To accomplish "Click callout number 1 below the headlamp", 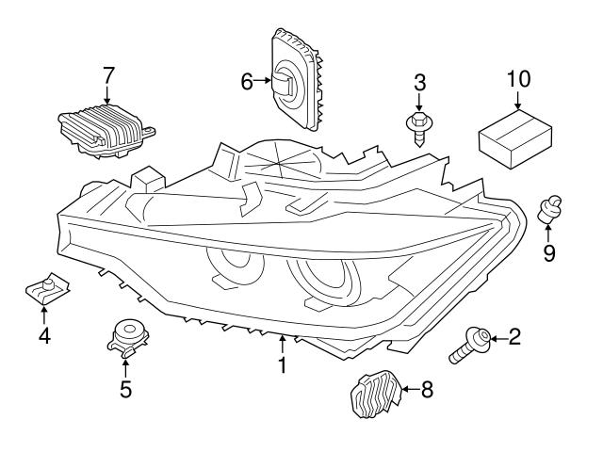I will point(281,363).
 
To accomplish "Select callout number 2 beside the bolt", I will point(514,336).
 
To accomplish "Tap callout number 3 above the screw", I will point(419,82).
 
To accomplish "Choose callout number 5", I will point(125,387).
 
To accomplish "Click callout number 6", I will point(247,82).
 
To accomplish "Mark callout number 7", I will point(108,73).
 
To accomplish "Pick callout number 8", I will point(427,387).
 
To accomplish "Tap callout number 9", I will point(549,252).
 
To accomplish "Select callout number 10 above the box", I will point(517,77).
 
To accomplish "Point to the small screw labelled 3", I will point(417,128).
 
